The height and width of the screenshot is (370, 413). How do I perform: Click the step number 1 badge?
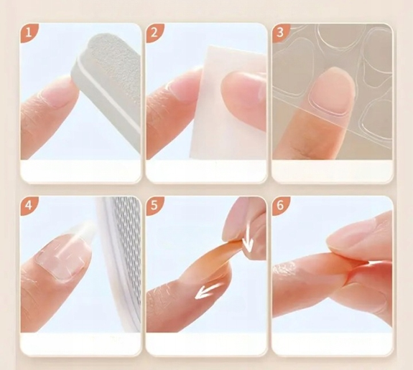point(29,32)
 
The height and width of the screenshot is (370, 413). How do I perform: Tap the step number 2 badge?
point(154,32)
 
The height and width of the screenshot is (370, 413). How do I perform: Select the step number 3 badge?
point(280,32)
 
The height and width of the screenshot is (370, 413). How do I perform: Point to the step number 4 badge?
point(29,205)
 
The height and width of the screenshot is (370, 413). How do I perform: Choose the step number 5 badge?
point(154,205)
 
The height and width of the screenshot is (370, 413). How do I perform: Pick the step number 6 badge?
point(280,205)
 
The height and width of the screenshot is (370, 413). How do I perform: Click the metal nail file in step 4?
point(121,263)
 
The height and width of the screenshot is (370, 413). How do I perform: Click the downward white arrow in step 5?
point(249,244)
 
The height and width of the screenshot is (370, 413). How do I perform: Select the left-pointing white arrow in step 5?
point(210,291)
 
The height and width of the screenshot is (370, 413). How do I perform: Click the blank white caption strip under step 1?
point(80,171)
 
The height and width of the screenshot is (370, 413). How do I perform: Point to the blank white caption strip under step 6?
point(333,343)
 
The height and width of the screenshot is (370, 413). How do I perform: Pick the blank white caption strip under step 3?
point(333,171)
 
